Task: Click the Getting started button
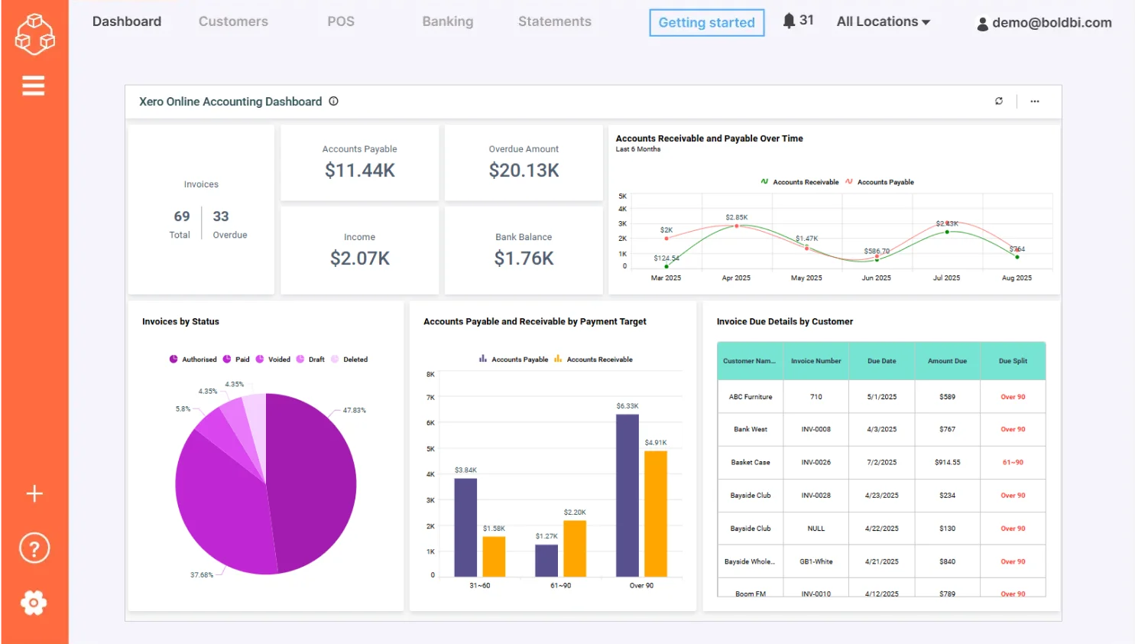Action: pos(706,23)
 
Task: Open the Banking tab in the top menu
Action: pos(447,21)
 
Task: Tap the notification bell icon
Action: pos(790,21)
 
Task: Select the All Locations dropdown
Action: pos(883,21)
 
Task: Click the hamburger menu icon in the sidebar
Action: pos(34,86)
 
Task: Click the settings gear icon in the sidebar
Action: pos(34,603)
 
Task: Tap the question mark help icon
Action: pos(34,548)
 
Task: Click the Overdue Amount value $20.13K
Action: pos(524,171)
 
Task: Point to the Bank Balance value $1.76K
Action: pos(524,259)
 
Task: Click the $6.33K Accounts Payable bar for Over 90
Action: pos(627,495)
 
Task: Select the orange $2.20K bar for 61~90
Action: pos(574,548)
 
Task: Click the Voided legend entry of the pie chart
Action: pos(274,359)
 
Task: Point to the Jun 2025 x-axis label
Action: pos(876,278)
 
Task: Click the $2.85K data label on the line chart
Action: pos(736,217)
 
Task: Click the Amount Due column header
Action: pos(947,361)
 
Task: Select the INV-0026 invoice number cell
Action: pos(816,463)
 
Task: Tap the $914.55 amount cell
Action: pos(947,463)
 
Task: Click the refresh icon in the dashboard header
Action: pos(998,101)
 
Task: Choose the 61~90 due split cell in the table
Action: pos(1013,463)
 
